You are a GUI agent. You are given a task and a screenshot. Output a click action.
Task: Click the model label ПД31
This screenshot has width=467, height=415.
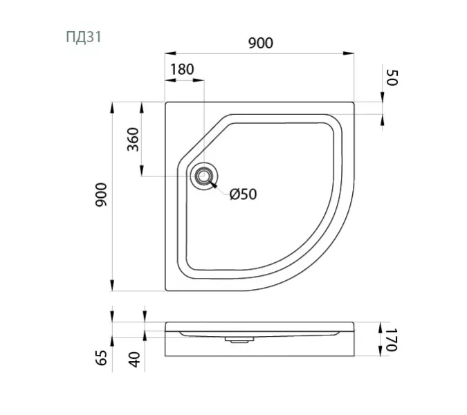point(84,37)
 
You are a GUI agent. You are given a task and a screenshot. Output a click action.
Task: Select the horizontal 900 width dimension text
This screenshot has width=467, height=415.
point(260,43)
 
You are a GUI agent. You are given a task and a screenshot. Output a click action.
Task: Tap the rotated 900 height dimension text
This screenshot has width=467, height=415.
point(101,197)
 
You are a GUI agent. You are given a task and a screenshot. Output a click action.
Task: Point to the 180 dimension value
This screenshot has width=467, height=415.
point(181,69)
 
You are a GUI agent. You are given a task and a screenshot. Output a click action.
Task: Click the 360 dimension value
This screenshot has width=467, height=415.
point(134,140)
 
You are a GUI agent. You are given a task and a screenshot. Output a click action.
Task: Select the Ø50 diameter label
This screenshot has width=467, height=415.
point(243,194)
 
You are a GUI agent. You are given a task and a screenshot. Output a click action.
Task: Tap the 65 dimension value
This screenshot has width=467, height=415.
point(101,358)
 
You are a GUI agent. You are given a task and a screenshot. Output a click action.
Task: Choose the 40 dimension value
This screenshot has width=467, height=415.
point(135,358)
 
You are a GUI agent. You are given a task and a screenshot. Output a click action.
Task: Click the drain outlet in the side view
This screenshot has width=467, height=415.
point(239,340)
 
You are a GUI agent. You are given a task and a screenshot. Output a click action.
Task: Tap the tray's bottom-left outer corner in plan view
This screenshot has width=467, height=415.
point(165,290)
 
